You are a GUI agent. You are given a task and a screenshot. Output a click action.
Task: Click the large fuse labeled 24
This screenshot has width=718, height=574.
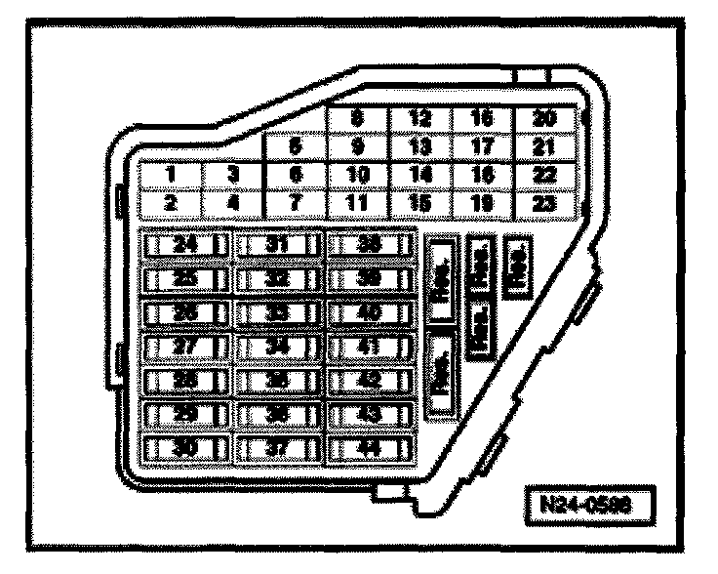tap(185, 245)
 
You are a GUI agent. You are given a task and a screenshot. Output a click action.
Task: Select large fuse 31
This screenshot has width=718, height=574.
tap(279, 245)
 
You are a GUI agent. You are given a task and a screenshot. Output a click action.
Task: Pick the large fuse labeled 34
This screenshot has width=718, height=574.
tap(279, 348)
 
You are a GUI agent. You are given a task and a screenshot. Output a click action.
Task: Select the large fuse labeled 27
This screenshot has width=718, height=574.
tap(185, 348)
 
